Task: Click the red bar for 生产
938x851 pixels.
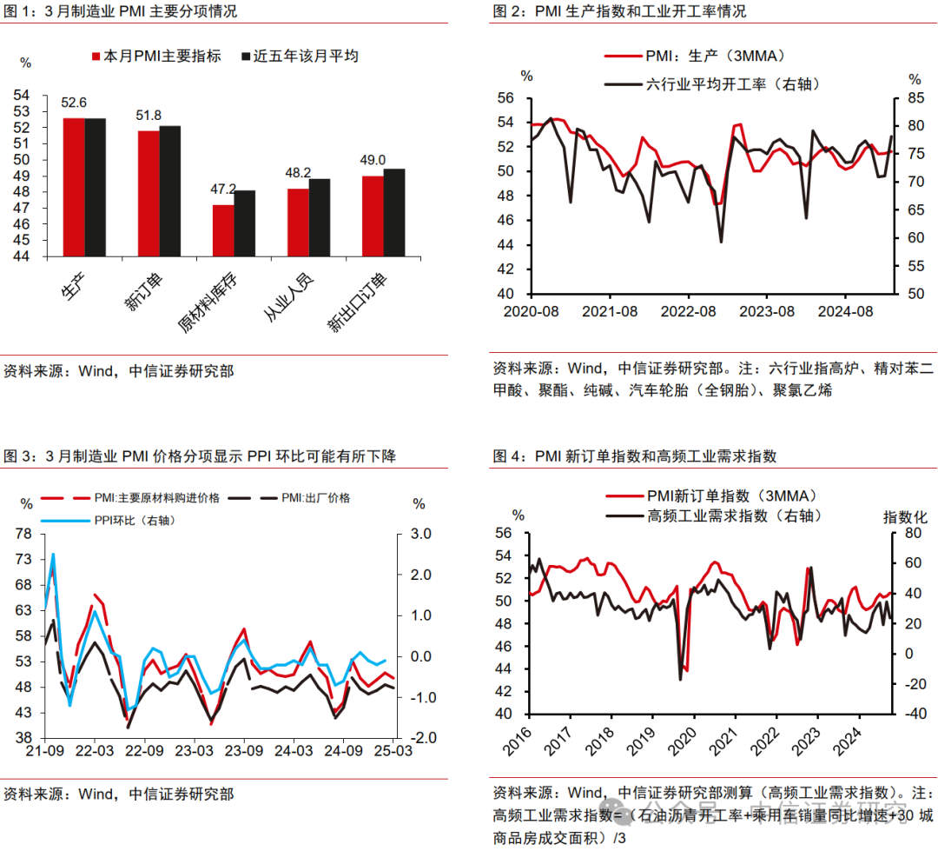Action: pyautogui.click(x=74, y=187)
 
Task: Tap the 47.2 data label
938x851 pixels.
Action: pyautogui.click(x=224, y=189)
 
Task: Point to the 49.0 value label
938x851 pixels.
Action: pyautogui.click(x=373, y=160)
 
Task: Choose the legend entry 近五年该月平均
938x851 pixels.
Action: pyautogui.click(x=305, y=56)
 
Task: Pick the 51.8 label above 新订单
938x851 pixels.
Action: pyautogui.click(x=149, y=115)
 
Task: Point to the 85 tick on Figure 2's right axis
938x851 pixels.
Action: pyautogui.click(x=914, y=97)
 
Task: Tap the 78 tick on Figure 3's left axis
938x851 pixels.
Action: pyautogui.click(x=24, y=534)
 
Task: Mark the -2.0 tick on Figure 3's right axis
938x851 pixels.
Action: pyautogui.click(x=423, y=738)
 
